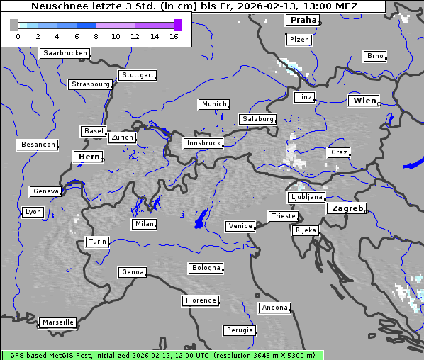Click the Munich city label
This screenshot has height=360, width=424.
pos(214,104)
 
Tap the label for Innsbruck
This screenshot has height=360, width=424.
pos(203,143)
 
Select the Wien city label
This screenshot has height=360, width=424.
pos(364,101)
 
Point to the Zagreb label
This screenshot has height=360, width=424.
pos(346,208)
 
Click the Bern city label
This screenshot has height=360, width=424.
pos(89,156)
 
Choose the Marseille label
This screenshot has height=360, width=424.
pos(57,322)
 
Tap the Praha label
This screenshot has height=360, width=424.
pos(303,20)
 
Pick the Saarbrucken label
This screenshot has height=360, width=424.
pos(65,53)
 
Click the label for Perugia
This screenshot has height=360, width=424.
pos(239,330)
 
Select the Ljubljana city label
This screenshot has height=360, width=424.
pos(306,197)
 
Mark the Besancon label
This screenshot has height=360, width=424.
pos(38,145)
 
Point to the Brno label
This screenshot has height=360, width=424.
pos(374,56)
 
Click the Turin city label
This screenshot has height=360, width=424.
pos(97,242)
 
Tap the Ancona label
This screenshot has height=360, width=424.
pos(274,308)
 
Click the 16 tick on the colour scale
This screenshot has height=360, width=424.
pos(174,35)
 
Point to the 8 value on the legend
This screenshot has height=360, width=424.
pos(96,35)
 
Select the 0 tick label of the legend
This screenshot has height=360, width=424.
pos(18,35)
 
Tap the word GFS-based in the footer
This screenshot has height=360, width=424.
pos(26,355)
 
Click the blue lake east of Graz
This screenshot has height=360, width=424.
pos(413,164)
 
